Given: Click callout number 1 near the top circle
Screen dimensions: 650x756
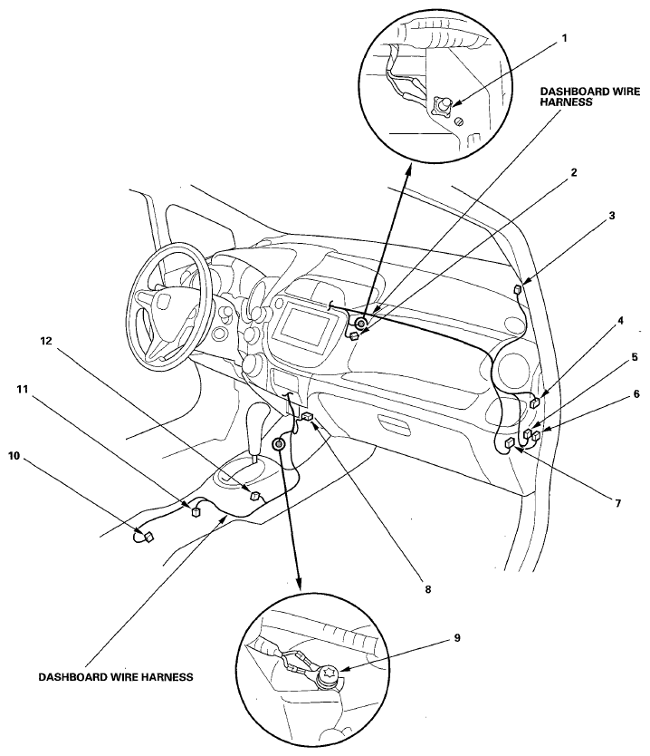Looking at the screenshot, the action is tap(565, 38).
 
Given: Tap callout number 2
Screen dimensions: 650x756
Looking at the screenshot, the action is tap(573, 172).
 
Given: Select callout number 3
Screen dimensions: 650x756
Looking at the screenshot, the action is tap(611, 216).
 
